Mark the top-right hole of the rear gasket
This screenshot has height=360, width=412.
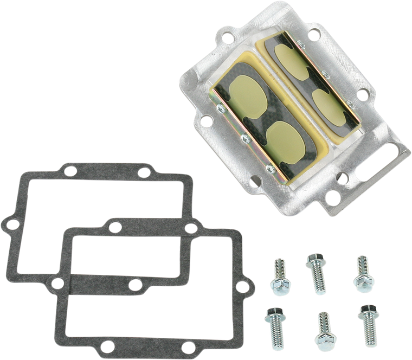click(144, 172)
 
